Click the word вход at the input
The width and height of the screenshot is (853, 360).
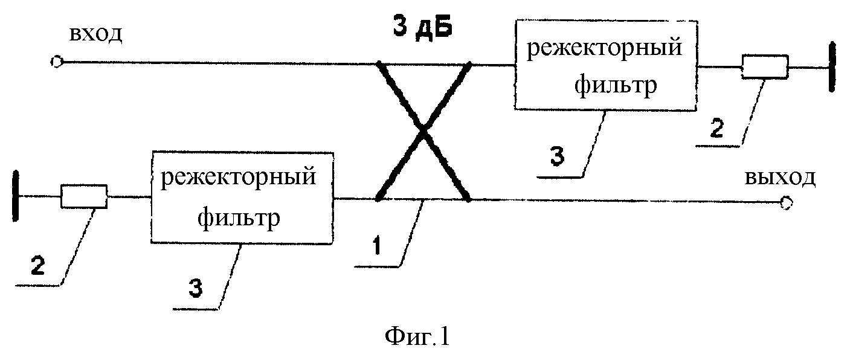click(x=95, y=34)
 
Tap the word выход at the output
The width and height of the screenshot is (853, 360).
click(x=780, y=178)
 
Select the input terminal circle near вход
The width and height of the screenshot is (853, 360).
click(x=56, y=62)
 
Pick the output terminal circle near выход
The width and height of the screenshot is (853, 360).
click(x=786, y=202)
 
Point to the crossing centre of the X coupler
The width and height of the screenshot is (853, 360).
click(x=423, y=130)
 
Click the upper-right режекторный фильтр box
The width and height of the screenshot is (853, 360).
click(x=606, y=65)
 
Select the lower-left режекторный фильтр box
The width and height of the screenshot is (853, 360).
click(x=242, y=198)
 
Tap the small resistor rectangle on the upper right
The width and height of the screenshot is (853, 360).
click(x=765, y=66)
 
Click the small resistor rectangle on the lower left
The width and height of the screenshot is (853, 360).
click(x=84, y=196)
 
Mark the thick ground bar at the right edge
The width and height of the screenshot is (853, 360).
click(x=832, y=67)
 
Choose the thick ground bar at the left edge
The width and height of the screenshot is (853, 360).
click(x=15, y=196)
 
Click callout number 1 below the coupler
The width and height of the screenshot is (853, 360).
click(x=377, y=246)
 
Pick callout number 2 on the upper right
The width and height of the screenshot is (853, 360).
click(x=716, y=128)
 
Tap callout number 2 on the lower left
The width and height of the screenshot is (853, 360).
click(x=37, y=265)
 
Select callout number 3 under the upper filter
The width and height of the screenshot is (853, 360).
click(x=557, y=156)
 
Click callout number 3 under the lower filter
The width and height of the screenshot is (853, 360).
click(x=195, y=288)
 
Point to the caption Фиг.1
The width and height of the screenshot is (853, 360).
click(x=417, y=336)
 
